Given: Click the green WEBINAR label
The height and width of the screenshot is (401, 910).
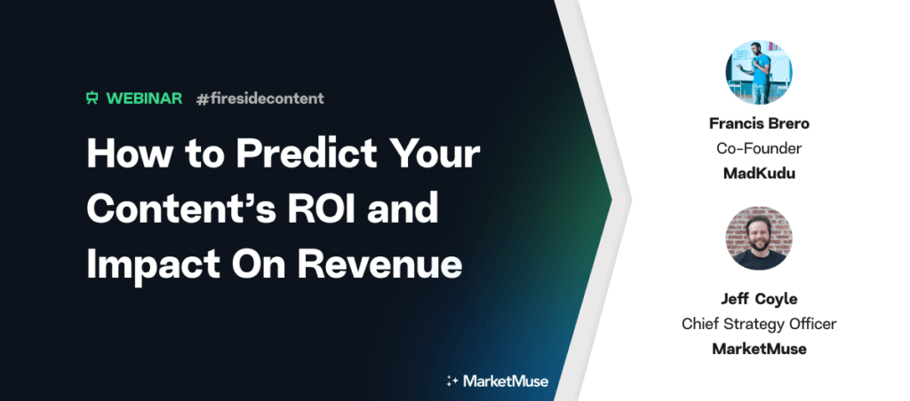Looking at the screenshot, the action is pos(145,98).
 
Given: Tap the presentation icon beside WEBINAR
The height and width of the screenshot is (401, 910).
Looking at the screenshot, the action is pos(92,98).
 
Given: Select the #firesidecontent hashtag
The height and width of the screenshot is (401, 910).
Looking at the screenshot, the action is pos(260,98).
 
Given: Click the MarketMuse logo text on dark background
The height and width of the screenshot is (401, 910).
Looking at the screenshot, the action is pos(506,381).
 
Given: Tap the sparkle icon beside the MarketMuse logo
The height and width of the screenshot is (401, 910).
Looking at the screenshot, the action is pos(452,381).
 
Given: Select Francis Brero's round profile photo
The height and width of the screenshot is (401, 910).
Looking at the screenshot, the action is pos(759,73).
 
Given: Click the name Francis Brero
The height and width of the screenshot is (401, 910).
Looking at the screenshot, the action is pos(759,123).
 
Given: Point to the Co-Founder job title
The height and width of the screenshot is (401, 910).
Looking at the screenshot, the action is pos(759,148).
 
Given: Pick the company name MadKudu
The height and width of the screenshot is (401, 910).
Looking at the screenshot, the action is pos(759,174).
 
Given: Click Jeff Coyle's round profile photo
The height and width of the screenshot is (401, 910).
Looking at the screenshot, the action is pos(759,238).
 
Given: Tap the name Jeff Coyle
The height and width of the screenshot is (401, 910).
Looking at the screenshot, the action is pos(759,299).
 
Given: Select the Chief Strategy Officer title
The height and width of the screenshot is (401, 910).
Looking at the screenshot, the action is pos(759,324).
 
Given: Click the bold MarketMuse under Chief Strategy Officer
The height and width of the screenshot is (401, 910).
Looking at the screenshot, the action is pos(759,350).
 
